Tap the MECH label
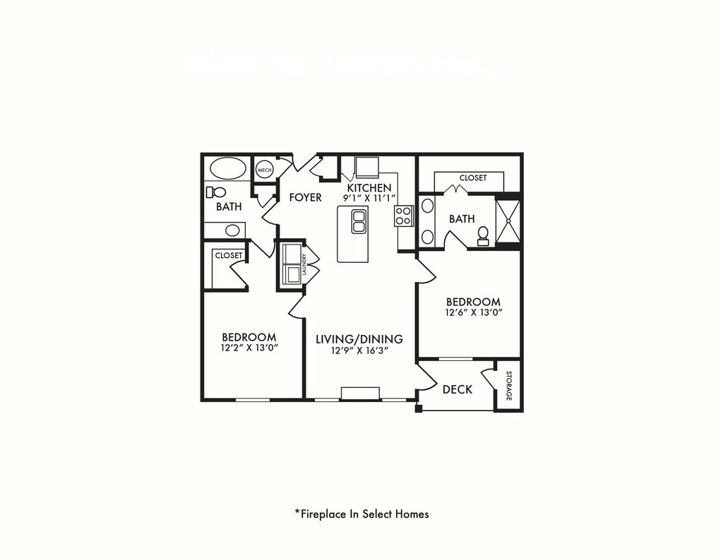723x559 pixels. click(264, 170)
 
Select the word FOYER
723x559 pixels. click(305, 197)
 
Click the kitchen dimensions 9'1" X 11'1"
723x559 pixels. click(369, 199)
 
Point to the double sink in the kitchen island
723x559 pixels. click(359, 221)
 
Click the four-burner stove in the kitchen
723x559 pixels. click(403, 216)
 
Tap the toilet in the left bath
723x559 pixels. click(217, 192)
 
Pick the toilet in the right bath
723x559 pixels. click(483, 235)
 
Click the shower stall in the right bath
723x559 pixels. click(508, 220)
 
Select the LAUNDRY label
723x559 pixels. click(304, 264)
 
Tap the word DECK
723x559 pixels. click(457, 389)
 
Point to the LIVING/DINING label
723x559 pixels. click(359, 339)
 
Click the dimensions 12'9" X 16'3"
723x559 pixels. click(359, 350)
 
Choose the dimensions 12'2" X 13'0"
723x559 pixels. click(249, 348)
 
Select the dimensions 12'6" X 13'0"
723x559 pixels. click(472, 312)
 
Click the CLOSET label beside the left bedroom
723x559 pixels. click(229, 255)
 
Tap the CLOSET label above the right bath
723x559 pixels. click(472, 178)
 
